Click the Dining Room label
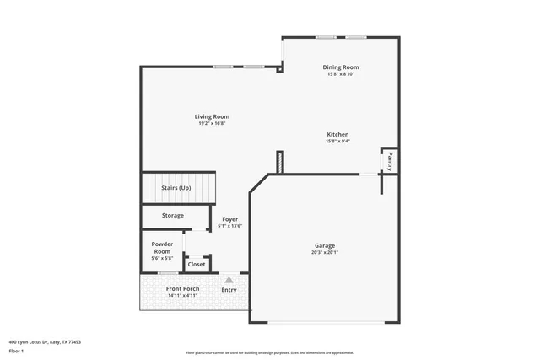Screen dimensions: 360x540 coord(341,67)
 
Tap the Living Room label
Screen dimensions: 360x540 coord(212,116)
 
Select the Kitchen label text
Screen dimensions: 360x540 coord(338,134)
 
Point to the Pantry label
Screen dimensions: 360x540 coord(389,160)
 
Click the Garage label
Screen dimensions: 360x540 coord(325,246)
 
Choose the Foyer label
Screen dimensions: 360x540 coord(229,219)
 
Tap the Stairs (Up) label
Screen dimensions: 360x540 coord(175,188)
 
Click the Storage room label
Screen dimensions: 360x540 coord(173,216)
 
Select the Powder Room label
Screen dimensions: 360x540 coord(162,247)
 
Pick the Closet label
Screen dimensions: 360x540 coord(197,264)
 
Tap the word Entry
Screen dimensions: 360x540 coord(229,290)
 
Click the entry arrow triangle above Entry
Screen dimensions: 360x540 coord(229,279)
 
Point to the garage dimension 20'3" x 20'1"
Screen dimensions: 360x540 coord(325,253)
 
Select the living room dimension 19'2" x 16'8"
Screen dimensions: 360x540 coord(212,124)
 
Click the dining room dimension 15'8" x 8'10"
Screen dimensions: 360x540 coord(341,74)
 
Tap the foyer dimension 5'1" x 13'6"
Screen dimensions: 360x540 coord(229,226)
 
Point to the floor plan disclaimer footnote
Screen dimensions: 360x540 coord(269,352)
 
